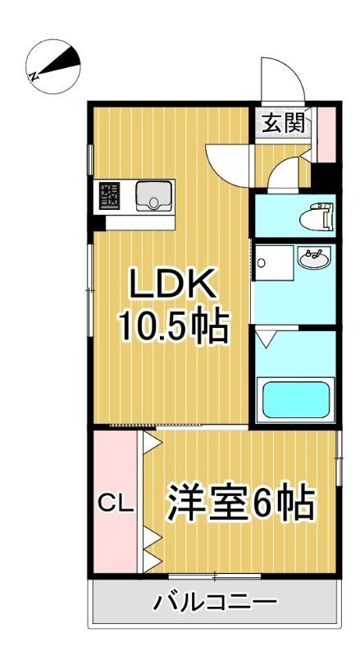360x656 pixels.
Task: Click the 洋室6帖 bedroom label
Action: click(243, 503)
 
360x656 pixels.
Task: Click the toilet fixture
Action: click(317, 216)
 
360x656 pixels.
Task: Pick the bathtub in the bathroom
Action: click(294, 399)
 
